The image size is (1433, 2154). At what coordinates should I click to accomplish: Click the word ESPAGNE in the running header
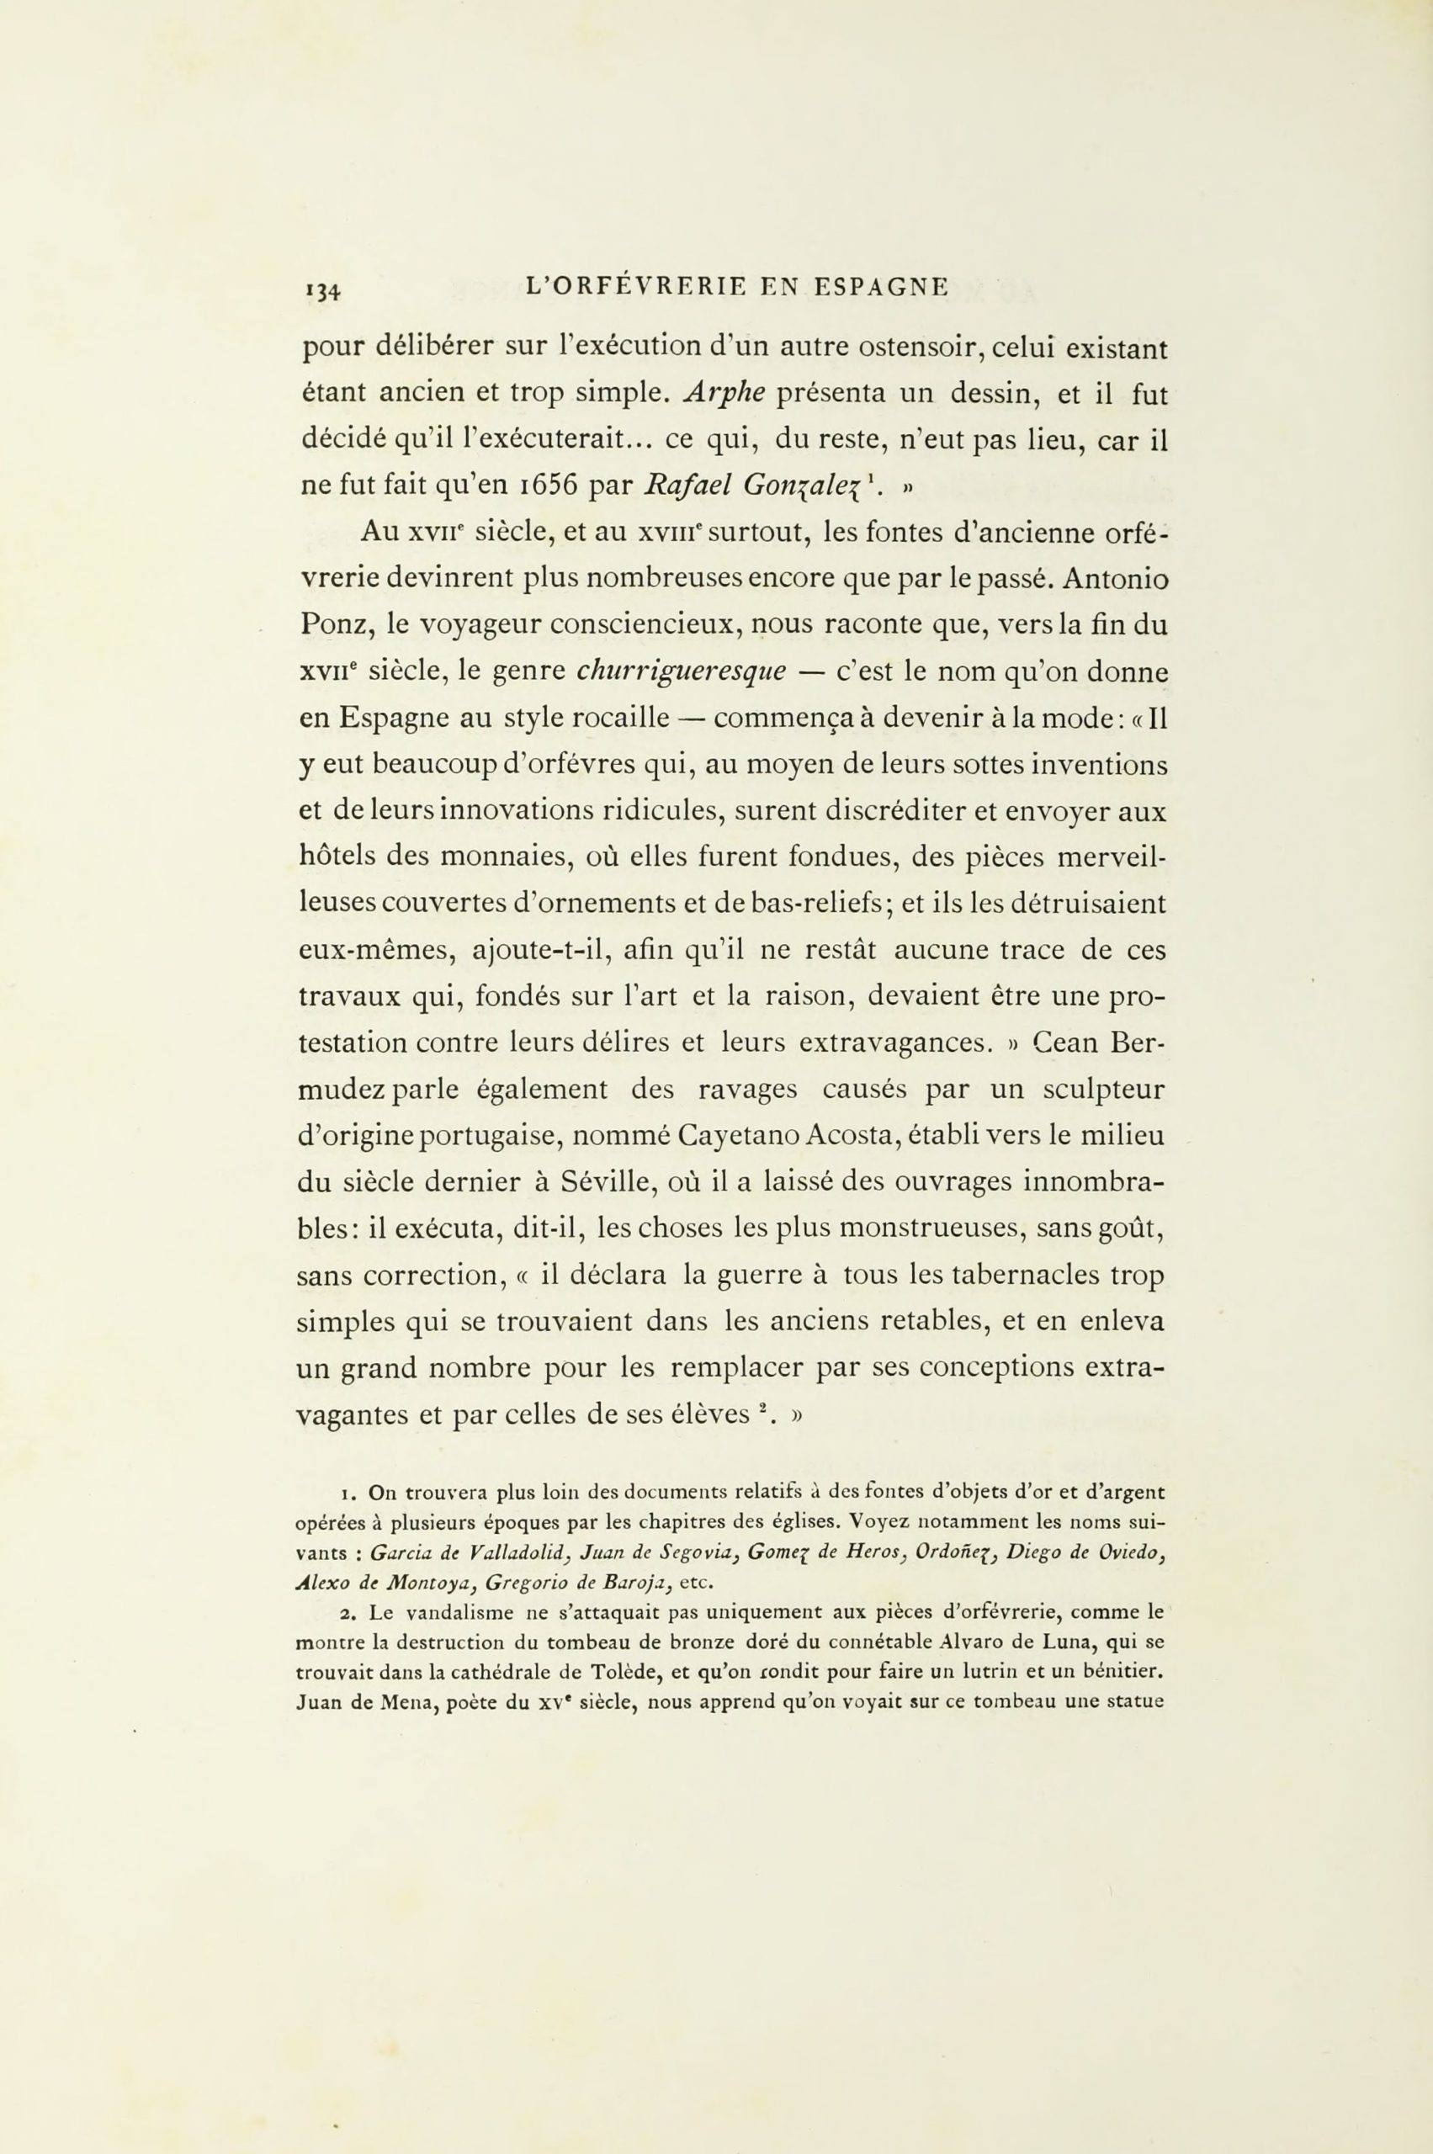[880, 287]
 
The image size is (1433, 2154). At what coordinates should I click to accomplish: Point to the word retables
[989, 1322]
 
